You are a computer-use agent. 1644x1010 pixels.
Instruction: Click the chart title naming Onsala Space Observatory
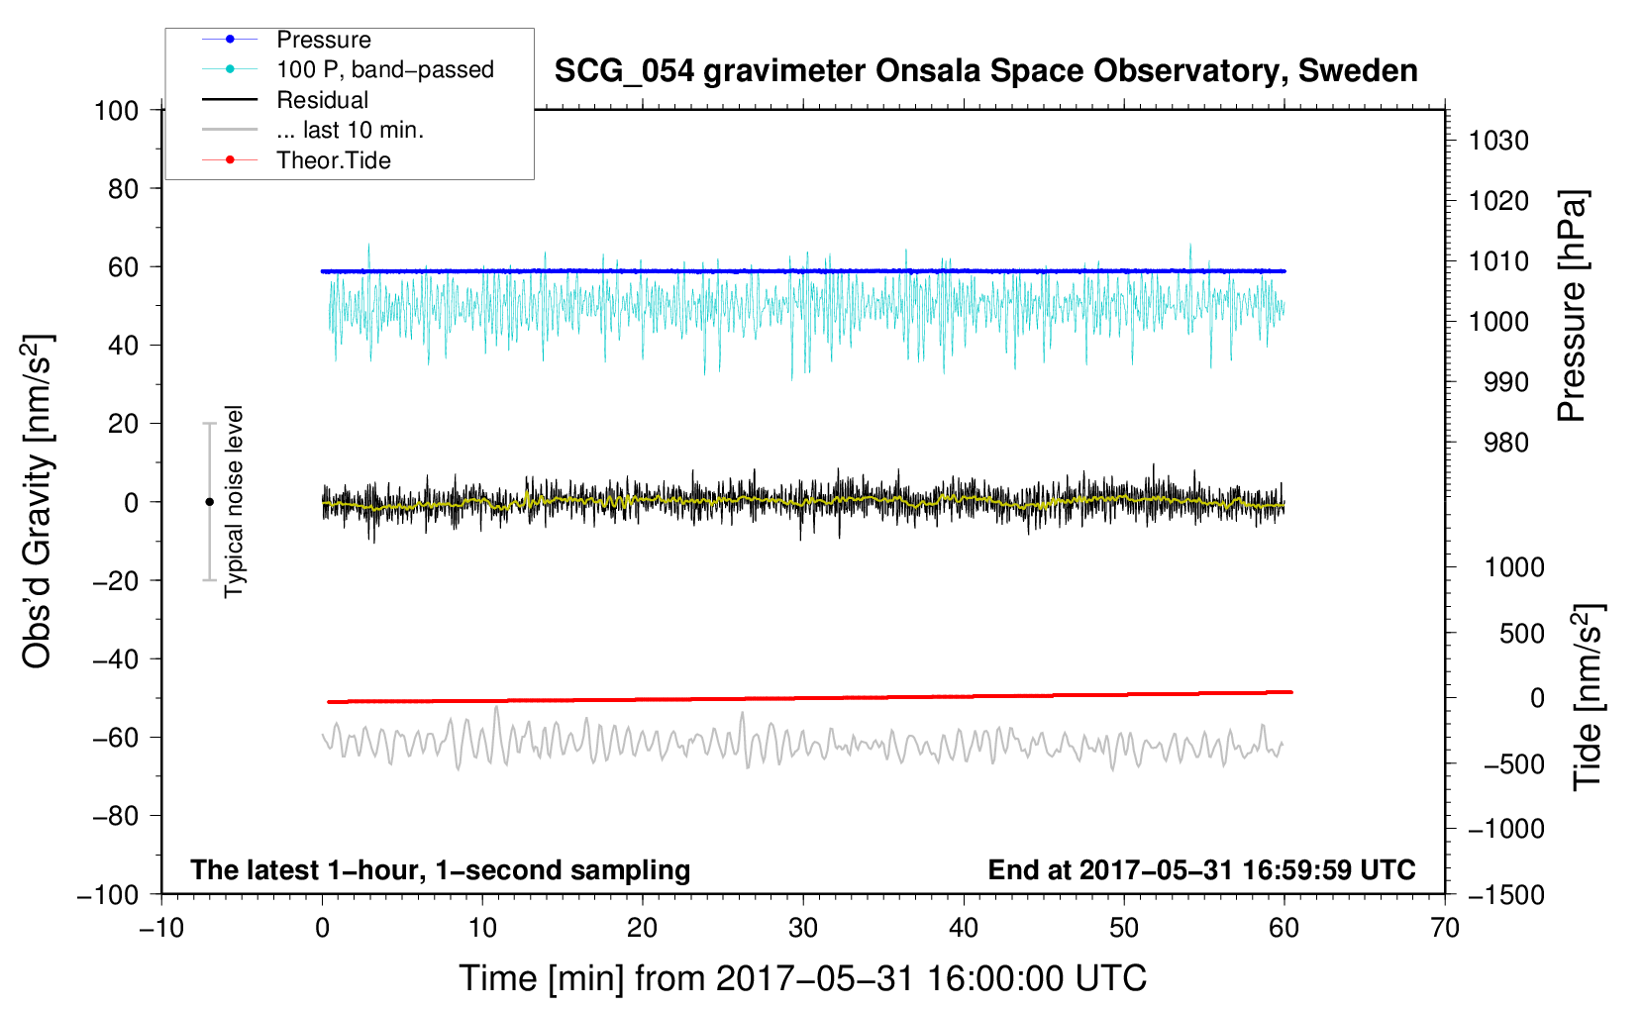pos(985,71)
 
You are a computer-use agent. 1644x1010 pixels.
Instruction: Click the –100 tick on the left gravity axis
pos(109,894)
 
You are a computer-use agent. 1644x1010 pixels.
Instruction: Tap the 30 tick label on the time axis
pos(803,928)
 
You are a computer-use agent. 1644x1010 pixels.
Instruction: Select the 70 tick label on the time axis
pos(1445,928)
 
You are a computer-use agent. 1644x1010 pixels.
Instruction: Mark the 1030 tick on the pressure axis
pos(1498,141)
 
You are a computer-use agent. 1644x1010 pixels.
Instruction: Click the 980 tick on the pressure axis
pos(1498,443)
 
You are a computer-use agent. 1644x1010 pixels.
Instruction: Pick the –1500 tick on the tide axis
pos(1506,894)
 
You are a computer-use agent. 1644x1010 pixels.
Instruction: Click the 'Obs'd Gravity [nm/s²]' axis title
pos(38,501)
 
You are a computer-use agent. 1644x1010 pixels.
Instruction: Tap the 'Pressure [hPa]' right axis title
pos(1572,306)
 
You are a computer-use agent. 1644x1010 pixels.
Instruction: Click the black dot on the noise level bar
pos(209,502)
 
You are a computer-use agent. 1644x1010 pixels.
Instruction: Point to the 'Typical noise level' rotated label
pos(234,501)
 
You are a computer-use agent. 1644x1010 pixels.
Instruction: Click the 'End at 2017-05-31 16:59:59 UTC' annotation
pos(1201,869)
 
